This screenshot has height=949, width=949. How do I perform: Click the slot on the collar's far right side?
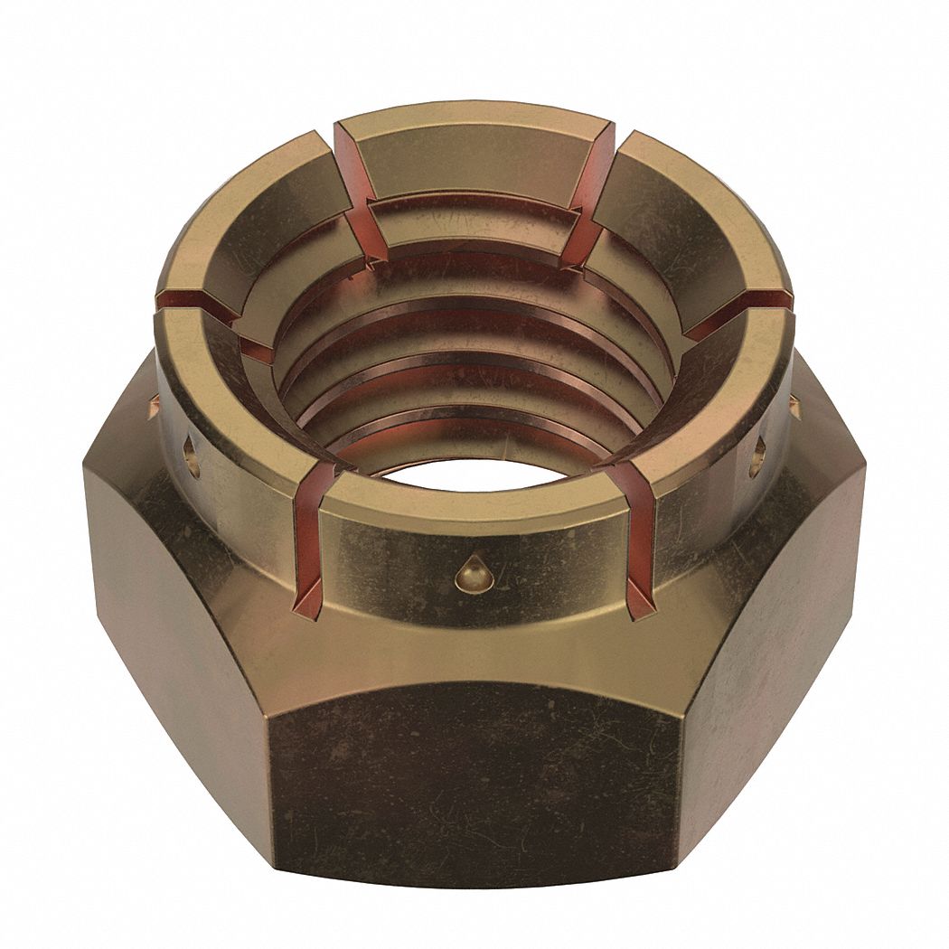[x=737, y=312]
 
